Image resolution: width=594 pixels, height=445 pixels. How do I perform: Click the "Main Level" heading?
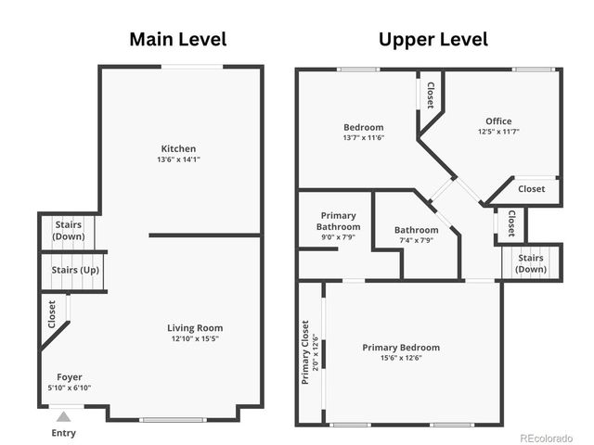click(x=178, y=39)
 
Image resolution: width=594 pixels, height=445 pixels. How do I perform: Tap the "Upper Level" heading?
click(x=433, y=40)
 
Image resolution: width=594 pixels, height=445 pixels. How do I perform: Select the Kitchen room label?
click(x=178, y=148)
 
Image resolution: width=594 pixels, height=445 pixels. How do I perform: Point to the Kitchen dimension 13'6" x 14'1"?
click(x=178, y=159)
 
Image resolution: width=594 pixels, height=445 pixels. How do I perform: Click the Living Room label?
click(x=195, y=328)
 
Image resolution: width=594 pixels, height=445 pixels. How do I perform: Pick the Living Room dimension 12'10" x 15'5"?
click(x=195, y=338)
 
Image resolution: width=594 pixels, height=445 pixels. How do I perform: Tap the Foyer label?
click(x=70, y=377)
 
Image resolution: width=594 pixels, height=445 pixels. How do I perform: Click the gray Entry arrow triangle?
click(x=64, y=417)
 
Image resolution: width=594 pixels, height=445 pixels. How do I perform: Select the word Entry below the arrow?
click(x=64, y=433)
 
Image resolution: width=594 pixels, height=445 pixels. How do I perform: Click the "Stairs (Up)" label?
click(x=75, y=270)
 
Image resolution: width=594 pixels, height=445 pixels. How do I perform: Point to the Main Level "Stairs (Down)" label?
click(x=69, y=231)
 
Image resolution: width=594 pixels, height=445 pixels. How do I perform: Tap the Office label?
click(x=498, y=121)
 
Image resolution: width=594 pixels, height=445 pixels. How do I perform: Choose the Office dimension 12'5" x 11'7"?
click(x=498, y=132)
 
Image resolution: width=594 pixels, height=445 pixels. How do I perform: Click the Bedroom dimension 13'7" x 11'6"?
click(x=364, y=138)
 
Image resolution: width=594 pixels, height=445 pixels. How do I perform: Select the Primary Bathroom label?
click(x=338, y=222)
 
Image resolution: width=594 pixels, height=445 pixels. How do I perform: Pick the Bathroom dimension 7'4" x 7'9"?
click(x=417, y=240)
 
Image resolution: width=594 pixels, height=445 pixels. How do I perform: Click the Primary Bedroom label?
click(x=401, y=348)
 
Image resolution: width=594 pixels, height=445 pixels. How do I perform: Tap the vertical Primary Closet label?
click(x=305, y=352)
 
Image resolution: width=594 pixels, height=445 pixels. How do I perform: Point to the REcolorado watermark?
click(x=547, y=439)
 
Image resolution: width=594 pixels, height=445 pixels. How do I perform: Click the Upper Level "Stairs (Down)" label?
click(x=531, y=263)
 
